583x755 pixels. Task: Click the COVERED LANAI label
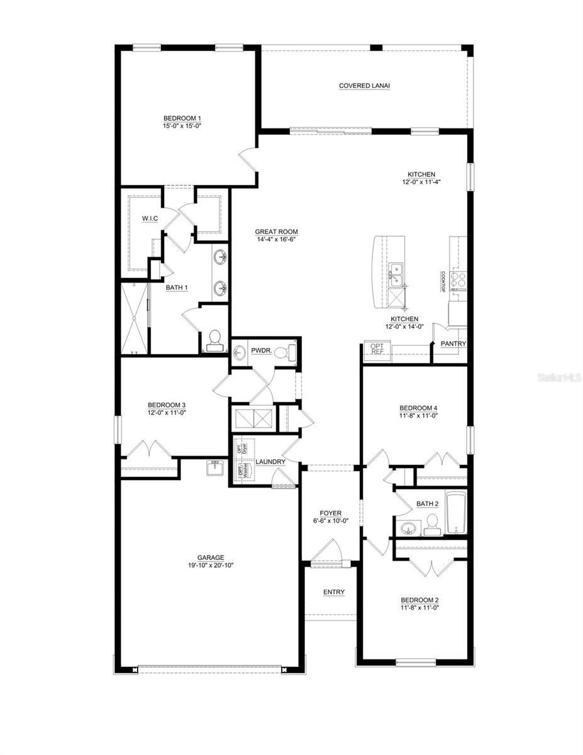pyautogui.click(x=364, y=86)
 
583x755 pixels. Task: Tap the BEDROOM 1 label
pyautogui.click(x=182, y=118)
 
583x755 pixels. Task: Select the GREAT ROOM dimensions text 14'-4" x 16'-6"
pyautogui.click(x=276, y=239)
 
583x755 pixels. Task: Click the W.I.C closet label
pyautogui.click(x=150, y=218)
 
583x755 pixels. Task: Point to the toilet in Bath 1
pyautogui.click(x=214, y=340)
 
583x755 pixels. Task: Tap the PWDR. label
pyautogui.click(x=261, y=350)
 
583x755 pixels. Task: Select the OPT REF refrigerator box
pyautogui.click(x=377, y=349)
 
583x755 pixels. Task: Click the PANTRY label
pyautogui.click(x=453, y=344)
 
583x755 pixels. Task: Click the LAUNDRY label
pyautogui.click(x=270, y=462)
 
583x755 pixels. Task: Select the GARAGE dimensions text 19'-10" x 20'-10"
pyautogui.click(x=211, y=565)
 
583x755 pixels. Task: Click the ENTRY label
pyautogui.click(x=333, y=592)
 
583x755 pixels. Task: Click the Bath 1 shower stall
pyautogui.click(x=133, y=320)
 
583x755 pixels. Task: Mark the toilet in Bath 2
pyautogui.click(x=432, y=524)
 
